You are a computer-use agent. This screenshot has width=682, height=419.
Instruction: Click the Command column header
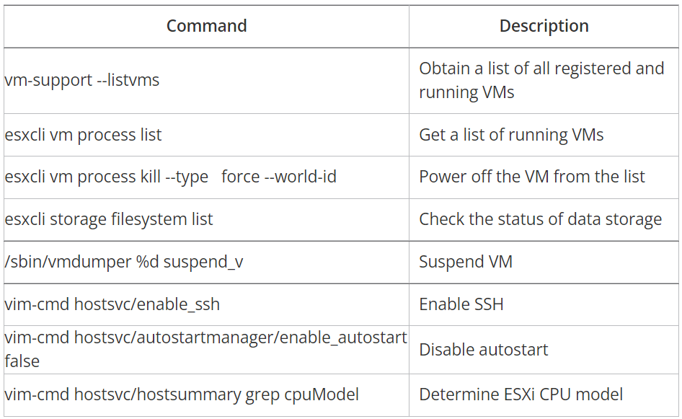coord(206,27)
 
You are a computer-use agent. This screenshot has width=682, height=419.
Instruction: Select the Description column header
coord(544,27)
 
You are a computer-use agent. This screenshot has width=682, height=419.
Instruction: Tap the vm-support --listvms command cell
coord(82,80)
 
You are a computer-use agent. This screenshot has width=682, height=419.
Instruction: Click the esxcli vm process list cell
coord(83,135)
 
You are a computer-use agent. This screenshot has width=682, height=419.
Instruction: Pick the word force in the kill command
coord(240,177)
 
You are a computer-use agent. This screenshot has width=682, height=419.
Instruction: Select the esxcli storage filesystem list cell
coord(109,219)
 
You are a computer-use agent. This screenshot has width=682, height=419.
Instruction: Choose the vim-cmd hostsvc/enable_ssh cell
coord(112,304)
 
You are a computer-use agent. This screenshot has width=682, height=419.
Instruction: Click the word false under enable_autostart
coord(22,361)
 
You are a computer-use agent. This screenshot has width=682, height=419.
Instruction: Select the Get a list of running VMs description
coord(511,135)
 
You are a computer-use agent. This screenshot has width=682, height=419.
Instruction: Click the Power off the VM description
coord(532,177)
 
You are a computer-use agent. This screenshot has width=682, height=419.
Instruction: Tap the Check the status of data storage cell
coord(540,219)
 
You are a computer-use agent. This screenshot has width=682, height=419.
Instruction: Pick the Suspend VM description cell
coord(466,262)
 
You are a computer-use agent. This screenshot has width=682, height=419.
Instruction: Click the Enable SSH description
coord(461,304)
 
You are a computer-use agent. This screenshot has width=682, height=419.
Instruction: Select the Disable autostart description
coord(484,350)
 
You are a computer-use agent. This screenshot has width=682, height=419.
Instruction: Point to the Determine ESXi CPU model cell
coord(521,394)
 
